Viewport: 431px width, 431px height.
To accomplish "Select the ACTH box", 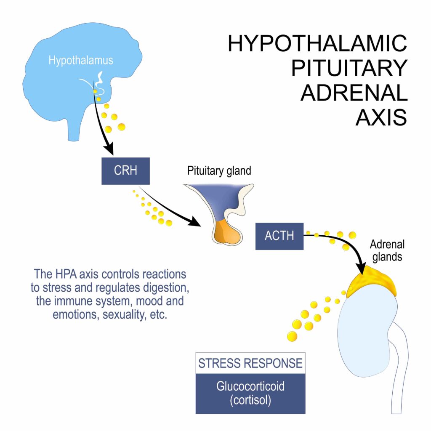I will [x=279, y=236].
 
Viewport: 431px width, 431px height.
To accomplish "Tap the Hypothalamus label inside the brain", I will [x=81, y=61].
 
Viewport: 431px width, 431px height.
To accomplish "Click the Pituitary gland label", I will [x=219, y=171].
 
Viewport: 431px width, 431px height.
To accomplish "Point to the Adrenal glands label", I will [x=387, y=251].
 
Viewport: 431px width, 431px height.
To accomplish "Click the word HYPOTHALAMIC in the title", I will [x=317, y=44].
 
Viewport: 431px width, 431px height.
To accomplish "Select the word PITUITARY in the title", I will [x=349, y=69].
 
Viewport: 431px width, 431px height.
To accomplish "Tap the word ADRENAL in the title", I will [x=354, y=93].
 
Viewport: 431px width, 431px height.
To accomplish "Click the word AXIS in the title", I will [x=381, y=118].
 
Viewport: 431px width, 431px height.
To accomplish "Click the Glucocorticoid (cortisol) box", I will [x=250, y=393].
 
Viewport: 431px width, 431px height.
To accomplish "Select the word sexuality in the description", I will [x=122, y=315].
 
